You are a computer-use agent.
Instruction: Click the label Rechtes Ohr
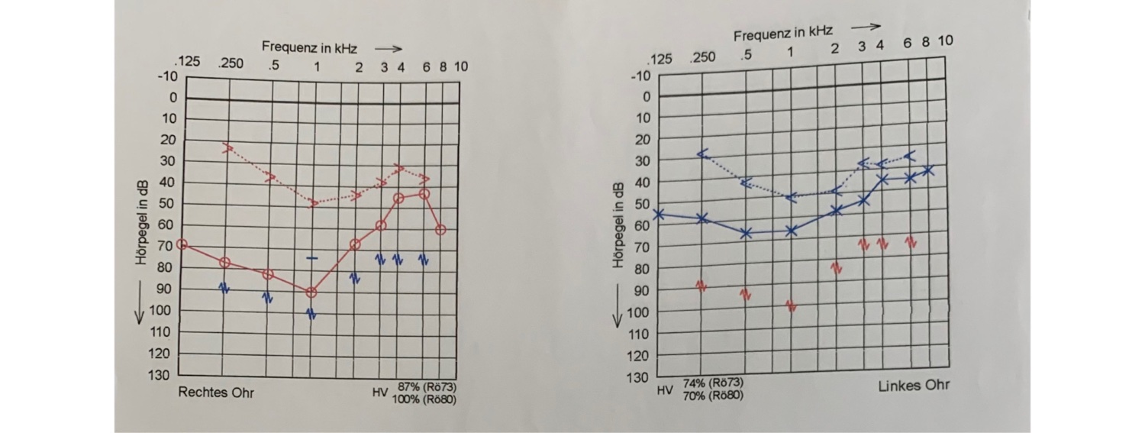pyautogui.click(x=216, y=393)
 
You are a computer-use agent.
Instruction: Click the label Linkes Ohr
pyautogui.click(x=914, y=385)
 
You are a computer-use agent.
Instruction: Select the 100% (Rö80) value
pyautogui.click(x=424, y=399)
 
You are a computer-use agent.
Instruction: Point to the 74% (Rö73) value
pyautogui.click(x=713, y=383)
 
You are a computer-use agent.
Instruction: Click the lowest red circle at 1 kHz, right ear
pyautogui.click(x=311, y=292)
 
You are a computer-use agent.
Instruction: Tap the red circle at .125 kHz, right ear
pyautogui.click(x=181, y=244)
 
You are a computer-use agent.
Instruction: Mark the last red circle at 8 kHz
pyautogui.click(x=440, y=229)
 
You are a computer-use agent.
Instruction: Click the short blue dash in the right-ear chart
pyautogui.click(x=311, y=258)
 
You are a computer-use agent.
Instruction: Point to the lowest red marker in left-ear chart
pyautogui.click(x=791, y=305)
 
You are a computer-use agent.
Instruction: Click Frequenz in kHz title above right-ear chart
pyautogui.click(x=309, y=48)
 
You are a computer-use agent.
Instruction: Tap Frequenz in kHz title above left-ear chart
pyautogui.click(x=783, y=34)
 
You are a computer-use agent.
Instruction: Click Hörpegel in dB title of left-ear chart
pyautogui.click(x=619, y=225)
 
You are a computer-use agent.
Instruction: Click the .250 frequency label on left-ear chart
pyautogui.click(x=702, y=57)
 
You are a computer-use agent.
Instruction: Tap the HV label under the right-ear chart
pyautogui.click(x=380, y=393)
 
